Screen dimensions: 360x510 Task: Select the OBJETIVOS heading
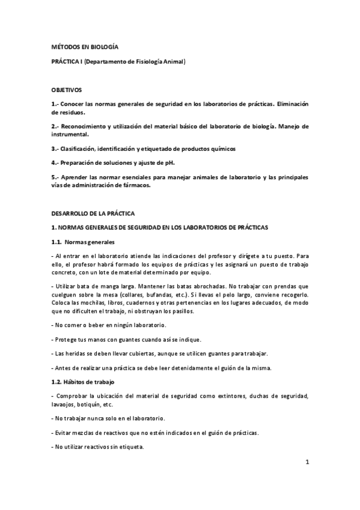point(66,90)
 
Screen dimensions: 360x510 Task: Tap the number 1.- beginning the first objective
point(55,104)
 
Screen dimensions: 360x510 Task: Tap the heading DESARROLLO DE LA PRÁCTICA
point(93,214)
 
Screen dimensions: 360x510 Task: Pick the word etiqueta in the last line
point(131,447)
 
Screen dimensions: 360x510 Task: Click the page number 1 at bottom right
point(307,462)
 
